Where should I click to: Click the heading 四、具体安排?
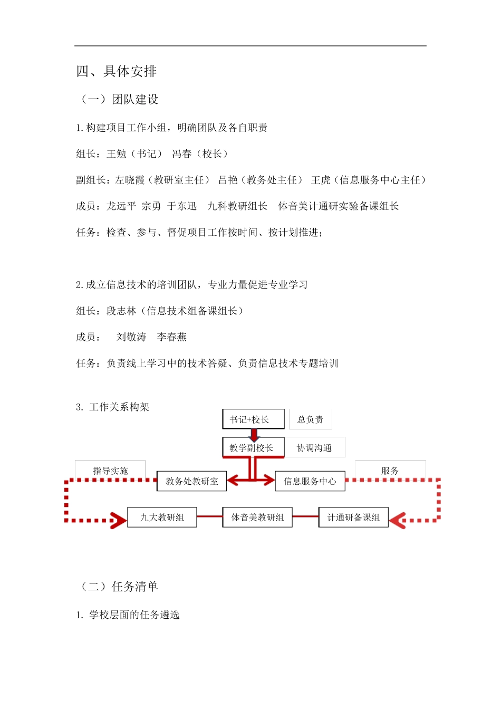(117, 71)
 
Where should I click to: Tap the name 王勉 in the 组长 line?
(117, 154)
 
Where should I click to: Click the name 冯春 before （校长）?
(182, 154)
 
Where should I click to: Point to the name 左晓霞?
(130, 180)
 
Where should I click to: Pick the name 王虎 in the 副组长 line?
(321, 180)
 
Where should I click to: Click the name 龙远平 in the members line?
(121, 206)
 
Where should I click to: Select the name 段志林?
(121, 311)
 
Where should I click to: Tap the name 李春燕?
(172, 337)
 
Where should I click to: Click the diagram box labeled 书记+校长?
(253, 419)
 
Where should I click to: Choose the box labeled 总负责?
(310, 419)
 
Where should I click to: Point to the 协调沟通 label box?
(314, 448)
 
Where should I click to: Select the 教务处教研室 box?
(192, 481)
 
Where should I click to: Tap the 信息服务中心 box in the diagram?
(310, 481)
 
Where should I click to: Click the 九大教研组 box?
(162, 518)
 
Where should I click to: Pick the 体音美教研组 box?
(257, 518)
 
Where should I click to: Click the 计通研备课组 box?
(353, 518)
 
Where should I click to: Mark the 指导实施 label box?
(110, 470)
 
